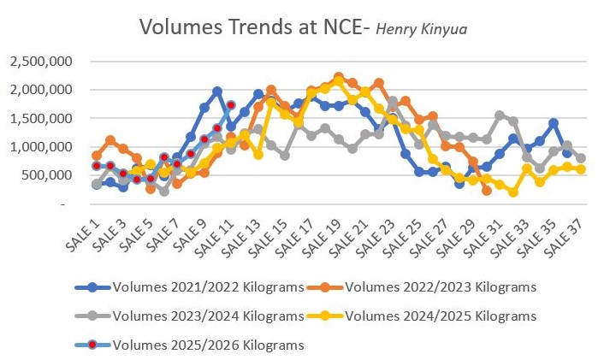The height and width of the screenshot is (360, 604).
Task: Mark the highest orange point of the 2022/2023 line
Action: (x=339, y=77)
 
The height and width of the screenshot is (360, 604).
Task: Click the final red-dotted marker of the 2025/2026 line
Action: (x=231, y=105)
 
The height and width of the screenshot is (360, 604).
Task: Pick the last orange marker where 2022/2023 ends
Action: (x=487, y=191)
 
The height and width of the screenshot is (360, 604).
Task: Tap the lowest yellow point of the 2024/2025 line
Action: (x=513, y=192)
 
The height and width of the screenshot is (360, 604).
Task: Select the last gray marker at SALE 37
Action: (x=581, y=158)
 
